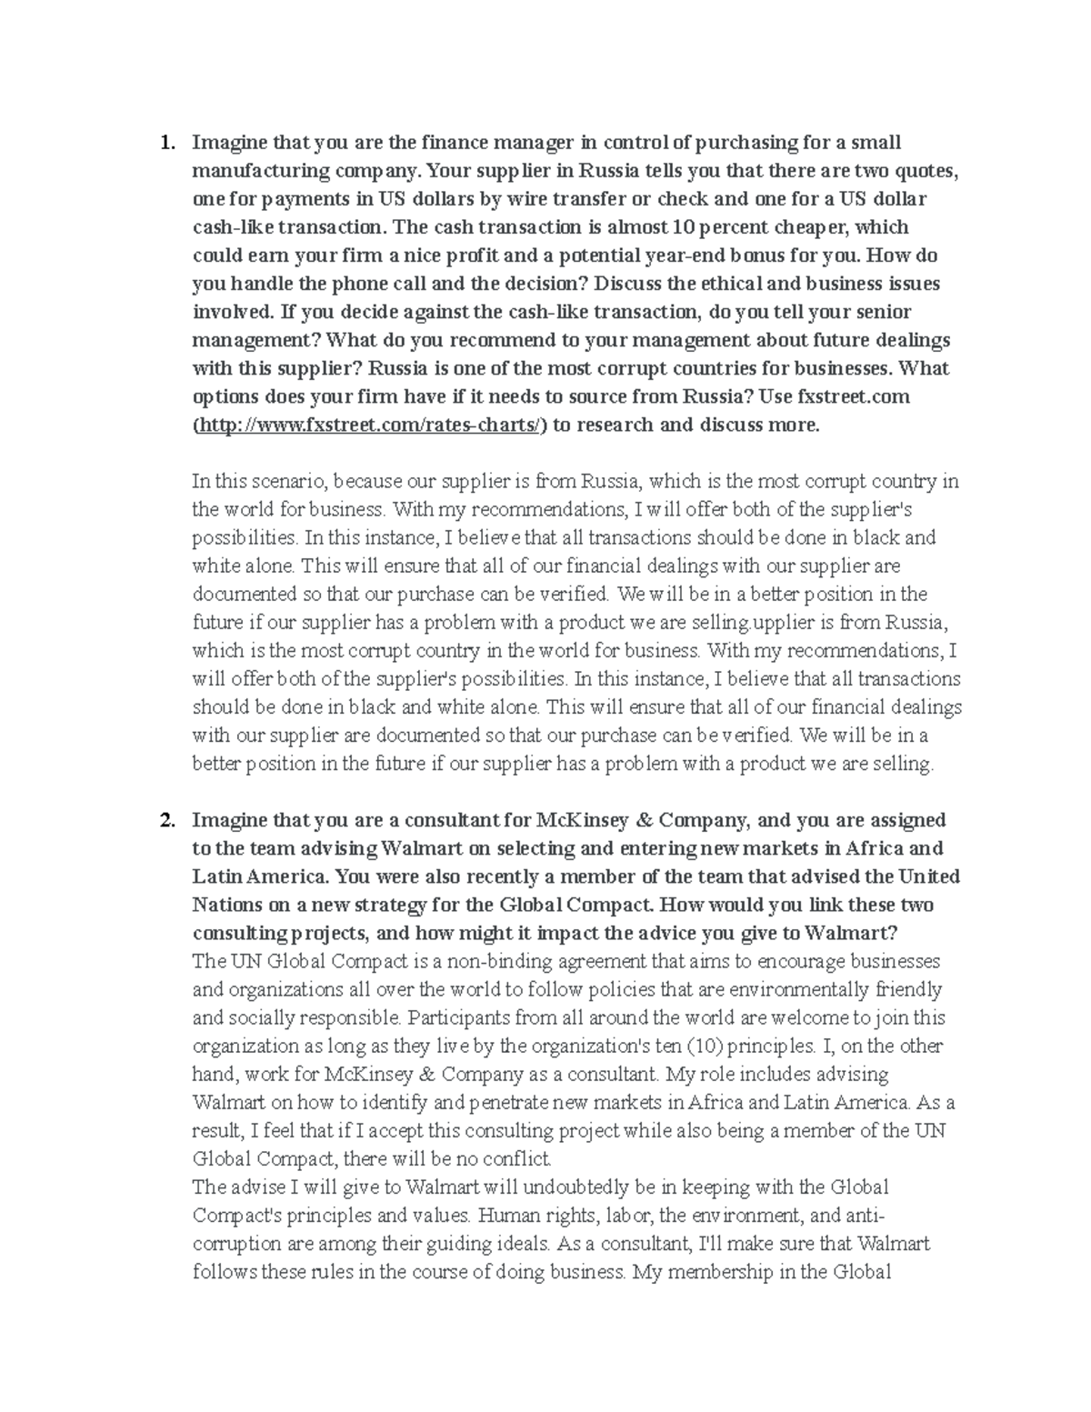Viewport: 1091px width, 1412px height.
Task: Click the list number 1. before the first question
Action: (x=166, y=143)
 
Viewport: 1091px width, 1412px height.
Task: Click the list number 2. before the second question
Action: (x=166, y=821)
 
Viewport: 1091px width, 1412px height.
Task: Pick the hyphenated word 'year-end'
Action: (x=651, y=255)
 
